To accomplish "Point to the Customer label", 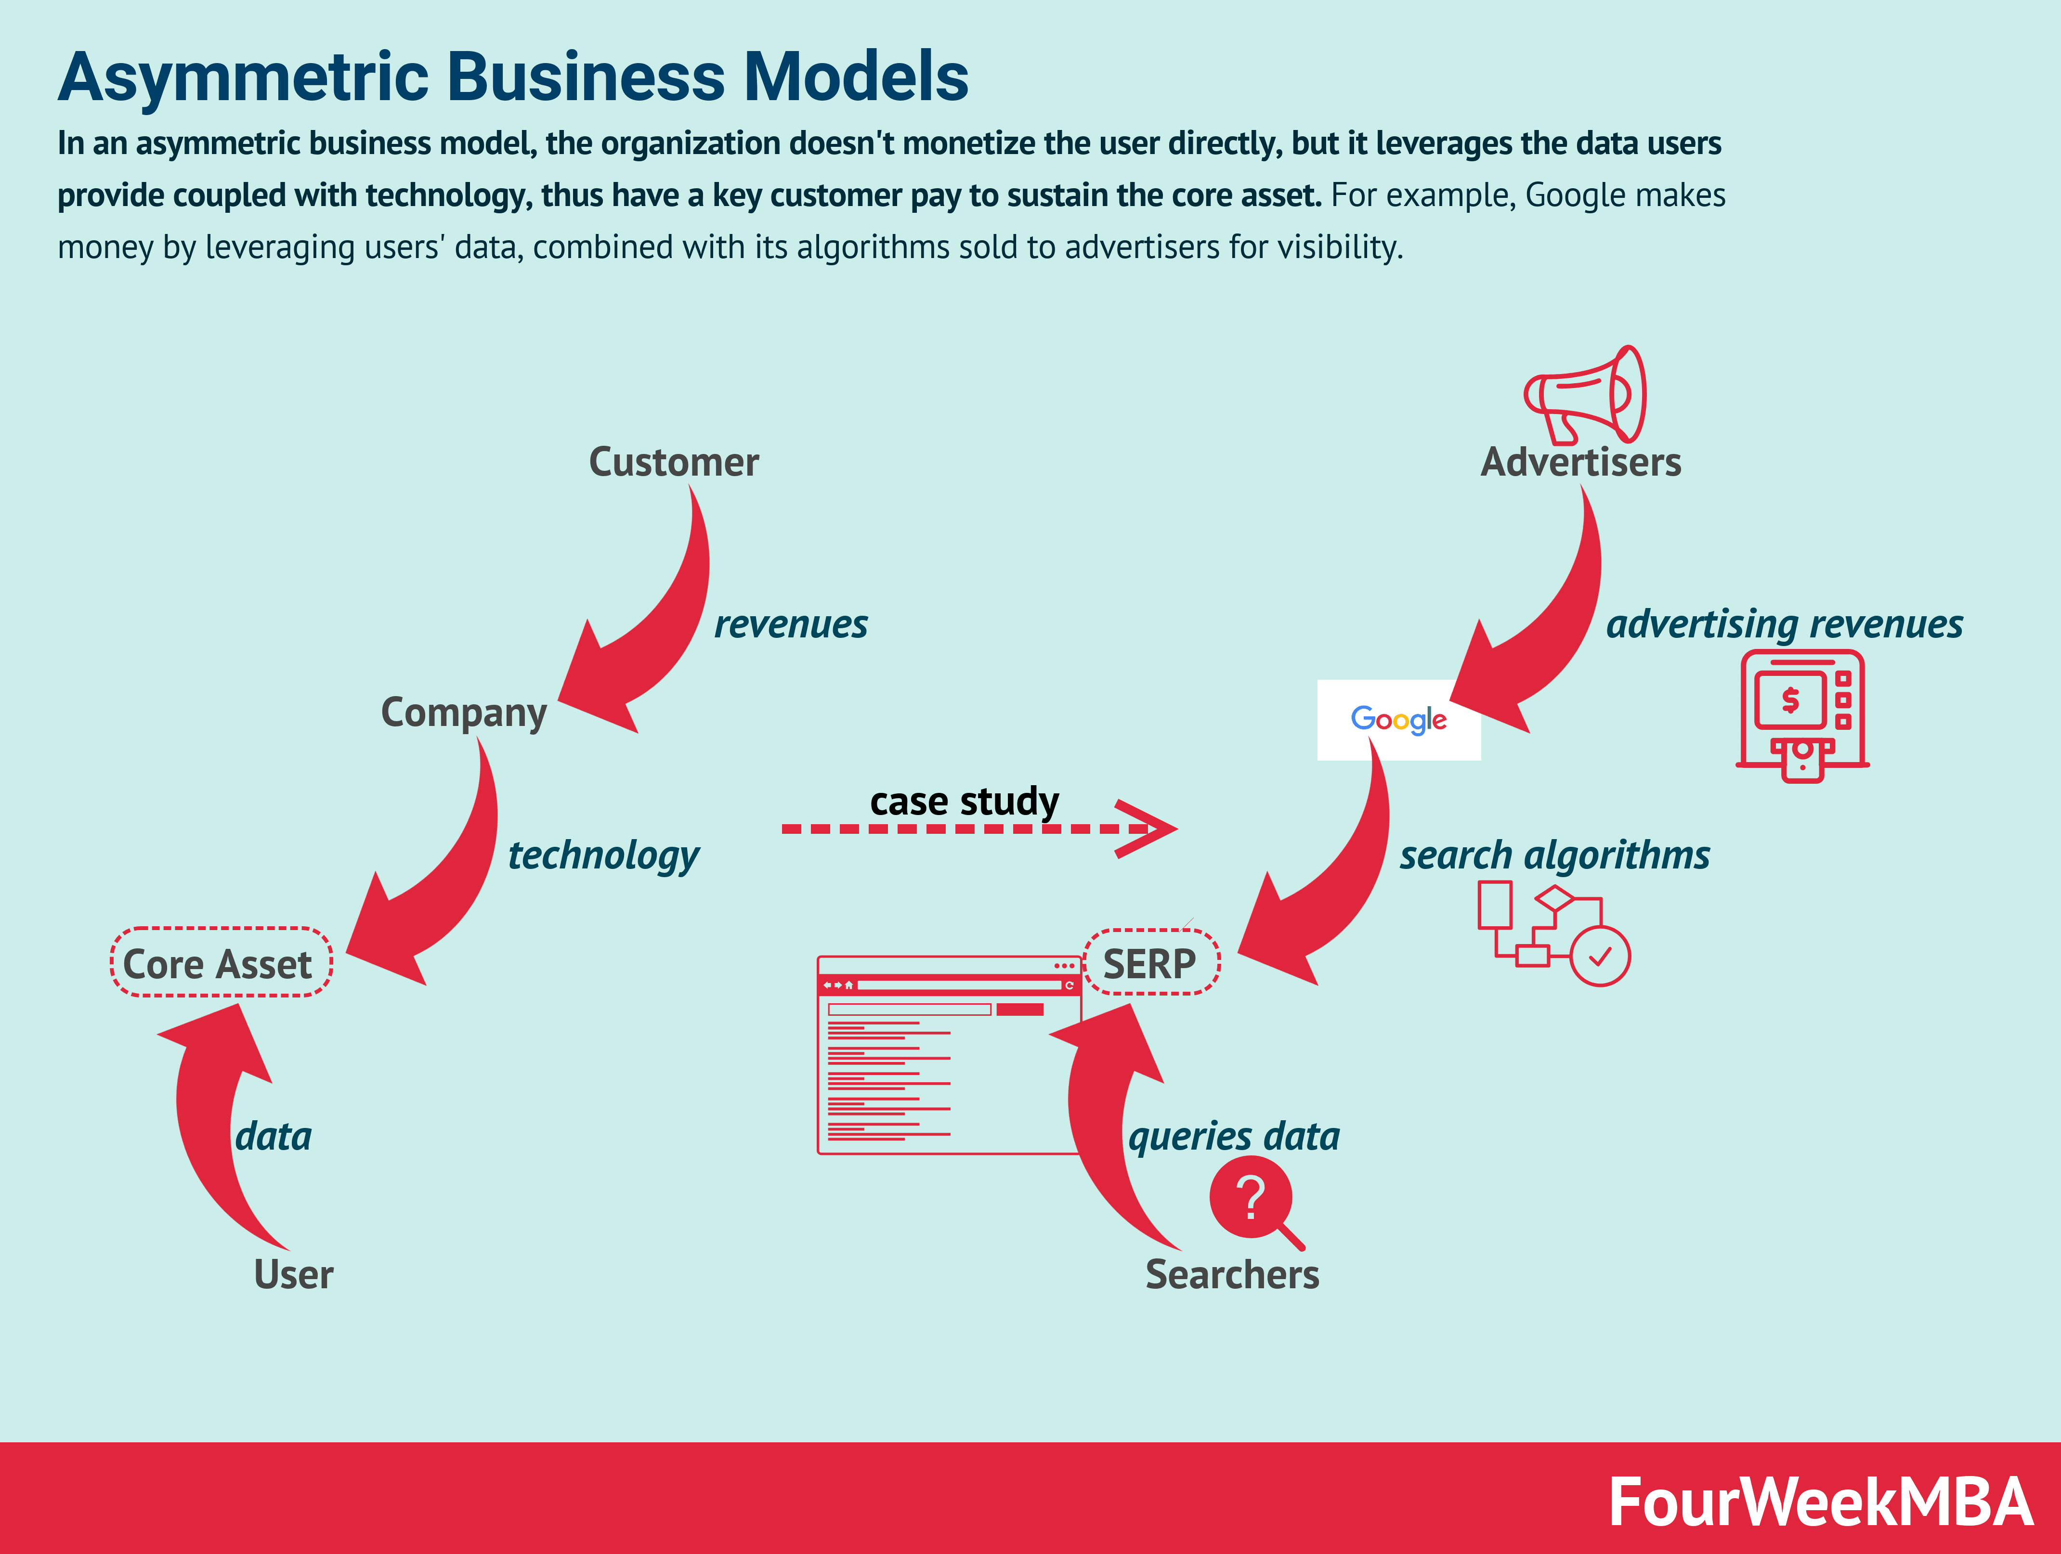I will click(x=674, y=462).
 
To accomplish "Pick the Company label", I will click(x=463, y=712).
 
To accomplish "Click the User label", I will click(x=293, y=1273).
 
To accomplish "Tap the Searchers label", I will click(x=1232, y=1273).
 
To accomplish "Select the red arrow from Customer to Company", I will click(x=652, y=634).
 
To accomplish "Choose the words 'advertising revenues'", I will click(x=1783, y=624).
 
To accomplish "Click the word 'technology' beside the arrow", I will click(x=603, y=855).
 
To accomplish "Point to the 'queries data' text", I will click(x=1234, y=1137).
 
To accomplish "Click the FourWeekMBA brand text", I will click(x=1820, y=1502).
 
